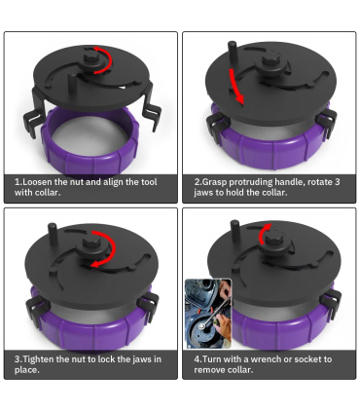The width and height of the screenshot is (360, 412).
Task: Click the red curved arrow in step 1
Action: point(110,60)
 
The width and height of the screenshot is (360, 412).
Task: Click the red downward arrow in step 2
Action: point(235,86)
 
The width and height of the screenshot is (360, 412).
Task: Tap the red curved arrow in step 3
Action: point(114,248)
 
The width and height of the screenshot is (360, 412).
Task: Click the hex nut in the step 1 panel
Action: point(91,58)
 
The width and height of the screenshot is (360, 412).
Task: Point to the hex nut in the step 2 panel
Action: point(271,59)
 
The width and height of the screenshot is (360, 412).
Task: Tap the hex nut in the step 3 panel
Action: point(91,243)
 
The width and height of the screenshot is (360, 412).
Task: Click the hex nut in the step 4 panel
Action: point(274,239)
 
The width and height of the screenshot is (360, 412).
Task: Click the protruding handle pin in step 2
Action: point(233,53)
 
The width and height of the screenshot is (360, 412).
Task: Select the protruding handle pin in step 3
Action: point(53,234)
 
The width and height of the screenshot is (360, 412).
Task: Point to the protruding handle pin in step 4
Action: point(234,230)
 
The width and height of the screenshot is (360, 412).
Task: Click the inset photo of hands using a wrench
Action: point(208,314)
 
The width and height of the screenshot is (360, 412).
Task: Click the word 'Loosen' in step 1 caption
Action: point(36,182)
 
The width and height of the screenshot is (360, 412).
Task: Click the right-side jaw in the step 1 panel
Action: point(151,112)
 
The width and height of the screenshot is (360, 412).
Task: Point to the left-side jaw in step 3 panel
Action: point(36,309)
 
